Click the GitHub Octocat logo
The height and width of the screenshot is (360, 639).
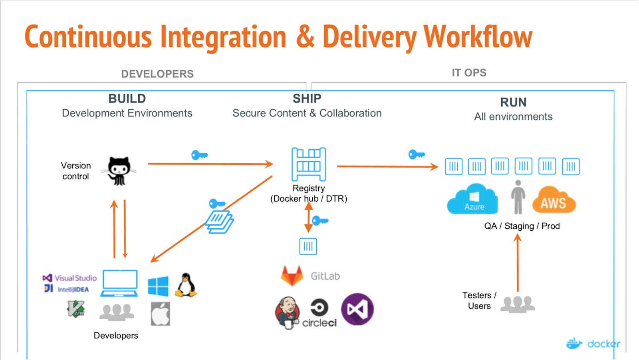point(119,171)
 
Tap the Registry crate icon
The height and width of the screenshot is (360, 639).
point(308,164)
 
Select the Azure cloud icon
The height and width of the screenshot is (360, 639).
point(472,200)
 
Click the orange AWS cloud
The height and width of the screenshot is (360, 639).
point(554,201)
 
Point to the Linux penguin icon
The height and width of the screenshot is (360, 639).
point(186,285)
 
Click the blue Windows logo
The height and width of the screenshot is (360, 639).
point(158,286)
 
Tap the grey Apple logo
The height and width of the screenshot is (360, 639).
point(161,314)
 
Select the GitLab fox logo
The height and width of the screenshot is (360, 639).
point(292,276)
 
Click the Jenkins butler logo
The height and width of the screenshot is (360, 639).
point(287,313)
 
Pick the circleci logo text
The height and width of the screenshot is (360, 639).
point(319,322)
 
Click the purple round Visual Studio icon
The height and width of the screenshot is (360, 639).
point(357,309)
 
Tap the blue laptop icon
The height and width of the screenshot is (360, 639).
point(119,283)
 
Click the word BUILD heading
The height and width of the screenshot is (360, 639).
point(127,99)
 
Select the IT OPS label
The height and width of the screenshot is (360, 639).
point(469,73)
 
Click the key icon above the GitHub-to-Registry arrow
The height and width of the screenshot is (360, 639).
point(199,155)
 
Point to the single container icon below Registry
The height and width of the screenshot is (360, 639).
point(308,246)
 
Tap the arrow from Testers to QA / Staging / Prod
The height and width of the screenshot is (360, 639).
point(518,263)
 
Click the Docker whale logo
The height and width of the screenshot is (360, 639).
point(575,343)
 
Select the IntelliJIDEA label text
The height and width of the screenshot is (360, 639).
point(73,289)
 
